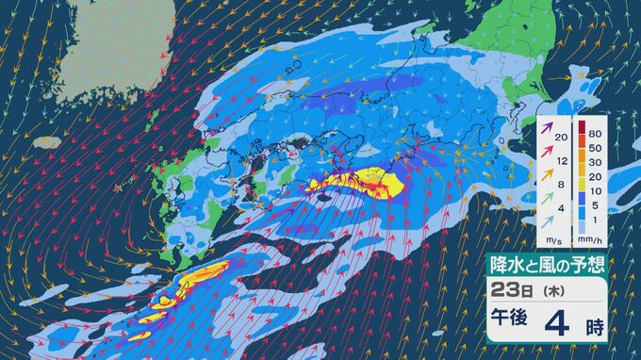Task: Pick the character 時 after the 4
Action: (x=595, y=325)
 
